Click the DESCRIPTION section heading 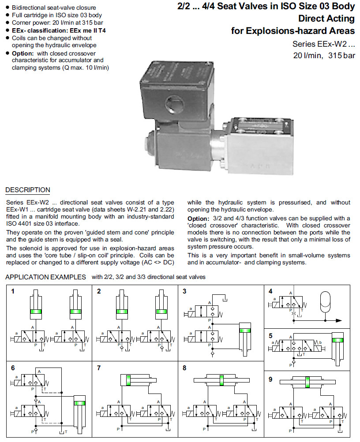[27, 190]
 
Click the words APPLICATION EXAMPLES [45, 277]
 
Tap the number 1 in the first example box [13, 291]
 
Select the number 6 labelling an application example [13, 368]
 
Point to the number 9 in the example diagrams [270, 379]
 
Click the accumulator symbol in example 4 [326, 299]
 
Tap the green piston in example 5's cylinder [338, 340]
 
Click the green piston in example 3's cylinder [244, 331]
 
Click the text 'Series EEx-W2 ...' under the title [323, 44]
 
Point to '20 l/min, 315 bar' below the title [324, 56]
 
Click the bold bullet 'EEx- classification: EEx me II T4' [59, 31]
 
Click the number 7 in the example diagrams [99, 368]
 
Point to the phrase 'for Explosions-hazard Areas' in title [293, 31]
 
